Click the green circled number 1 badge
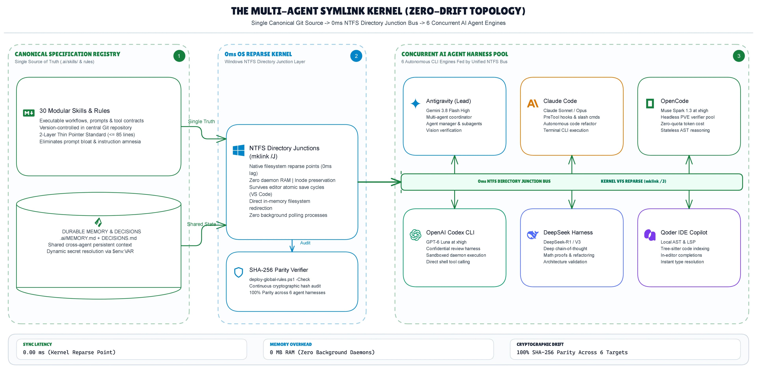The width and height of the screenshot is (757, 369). coord(179,56)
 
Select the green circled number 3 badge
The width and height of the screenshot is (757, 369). coord(738,56)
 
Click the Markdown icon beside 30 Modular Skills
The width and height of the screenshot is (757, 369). coord(29,113)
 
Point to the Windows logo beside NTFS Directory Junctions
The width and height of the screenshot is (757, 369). coord(238,150)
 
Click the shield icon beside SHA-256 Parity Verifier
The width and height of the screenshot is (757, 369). coord(238,272)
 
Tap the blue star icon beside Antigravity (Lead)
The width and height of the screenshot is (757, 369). coord(415,103)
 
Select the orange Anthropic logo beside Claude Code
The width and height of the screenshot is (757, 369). coord(532,103)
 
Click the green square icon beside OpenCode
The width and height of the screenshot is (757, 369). coord(650,103)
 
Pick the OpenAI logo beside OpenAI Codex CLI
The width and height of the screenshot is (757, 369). coord(415,235)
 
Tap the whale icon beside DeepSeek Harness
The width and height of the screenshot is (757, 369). coord(532,235)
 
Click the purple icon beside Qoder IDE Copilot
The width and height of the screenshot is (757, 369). coord(650,235)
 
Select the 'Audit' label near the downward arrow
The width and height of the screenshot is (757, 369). coord(305,243)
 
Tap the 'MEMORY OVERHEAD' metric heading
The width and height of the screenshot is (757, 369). coord(291,344)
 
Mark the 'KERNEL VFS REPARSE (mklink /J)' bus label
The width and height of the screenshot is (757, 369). coord(633,181)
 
